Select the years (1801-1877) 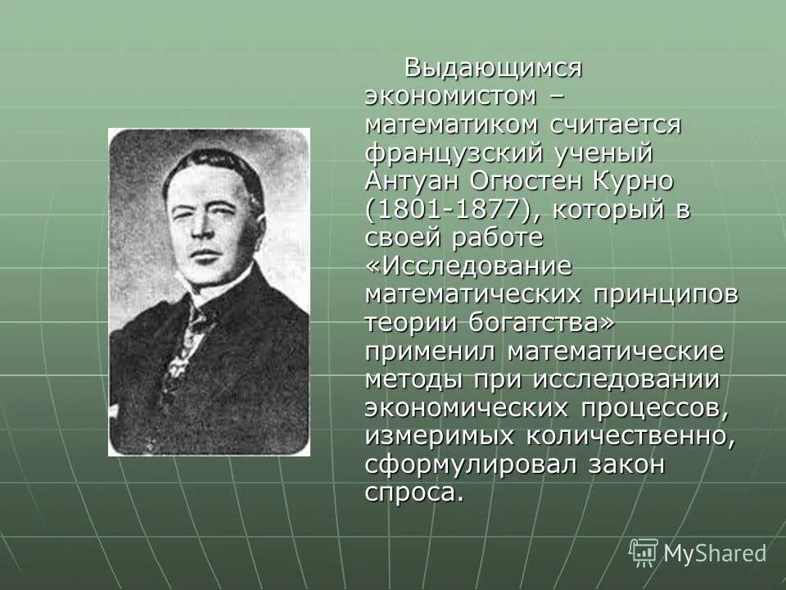(x=452, y=209)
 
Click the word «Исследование (x=468, y=265)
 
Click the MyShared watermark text (x=715, y=553)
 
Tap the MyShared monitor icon (x=644, y=553)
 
